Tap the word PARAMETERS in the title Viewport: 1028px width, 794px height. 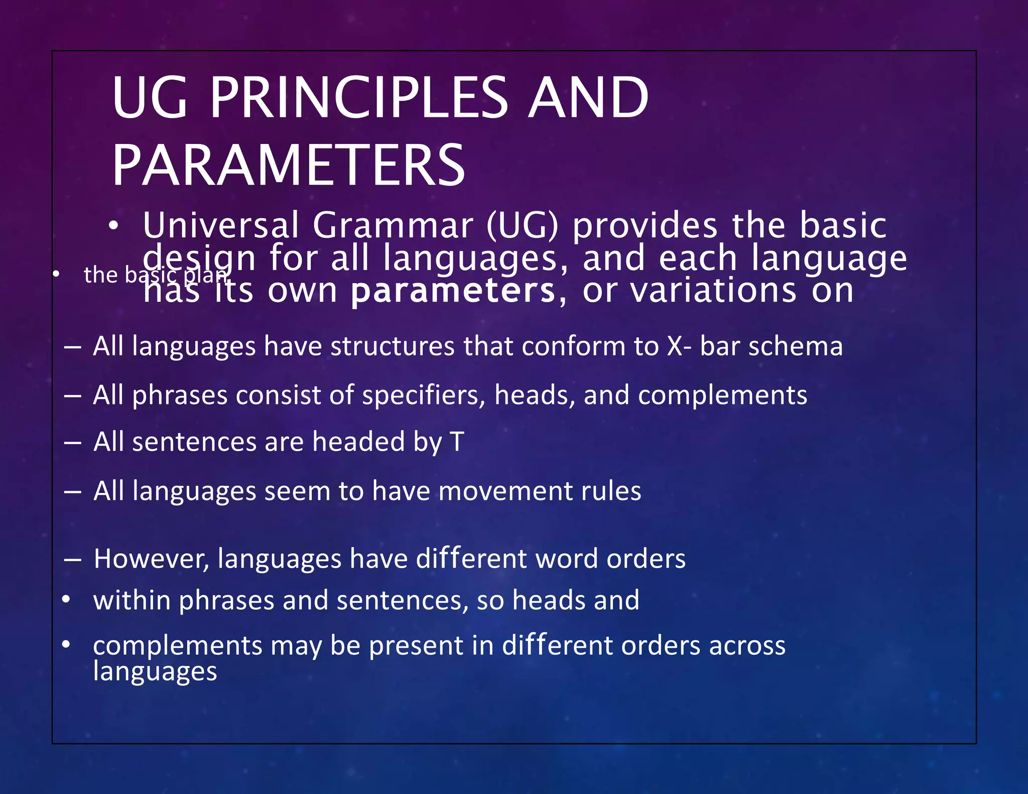[x=289, y=166]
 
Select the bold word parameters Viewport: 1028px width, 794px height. [x=453, y=291]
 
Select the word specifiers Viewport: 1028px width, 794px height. [x=423, y=395]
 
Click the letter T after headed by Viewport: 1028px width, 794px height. [x=457, y=442]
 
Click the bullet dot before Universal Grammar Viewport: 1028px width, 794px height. [x=114, y=226]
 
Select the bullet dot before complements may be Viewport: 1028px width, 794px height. [x=66, y=644]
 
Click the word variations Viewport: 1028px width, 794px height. [x=713, y=291]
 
